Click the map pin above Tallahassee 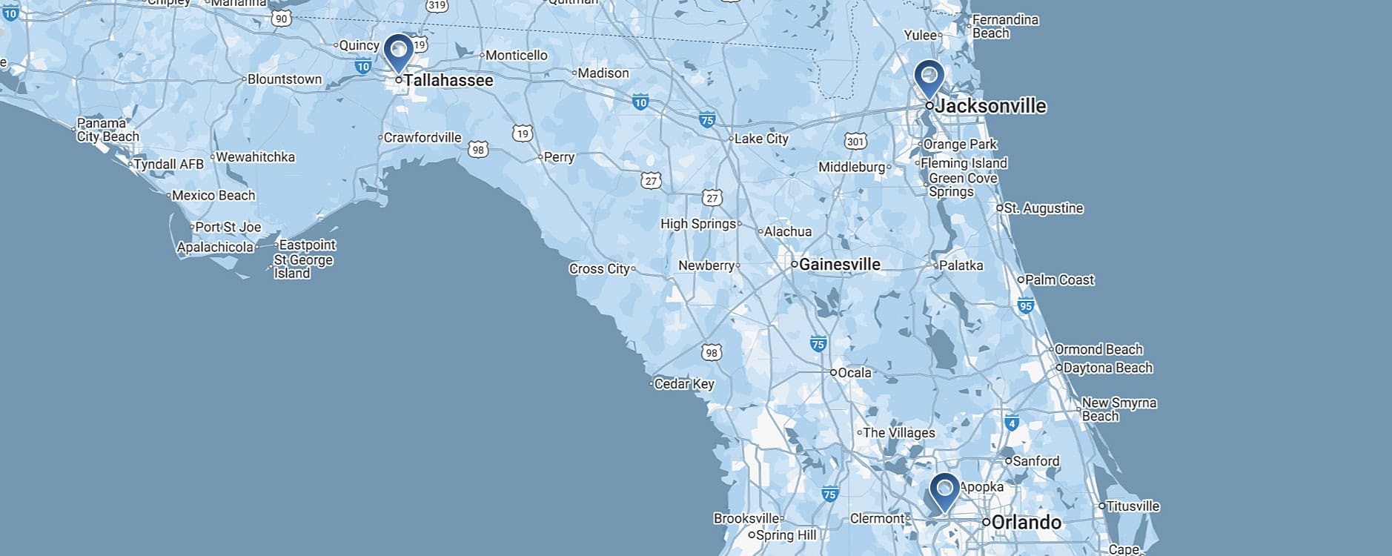click(x=399, y=52)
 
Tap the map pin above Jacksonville click(x=929, y=78)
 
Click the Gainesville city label click(x=839, y=264)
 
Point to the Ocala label click(x=854, y=372)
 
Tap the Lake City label click(x=761, y=139)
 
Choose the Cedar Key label click(x=683, y=384)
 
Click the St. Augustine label click(x=1043, y=208)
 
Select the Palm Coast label click(x=1059, y=279)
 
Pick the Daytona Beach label click(x=1107, y=368)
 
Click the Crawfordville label click(x=422, y=137)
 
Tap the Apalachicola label click(x=215, y=247)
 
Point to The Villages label click(x=898, y=432)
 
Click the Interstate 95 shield click(x=1026, y=305)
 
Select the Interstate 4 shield click(x=1012, y=423)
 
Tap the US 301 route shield click(x=855, y=141)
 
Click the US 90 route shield click(x=281, y=18)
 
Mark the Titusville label click(x=1133, y=506)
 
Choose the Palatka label click(x=961, y=265)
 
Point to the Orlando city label click(x=1026, y=522)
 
